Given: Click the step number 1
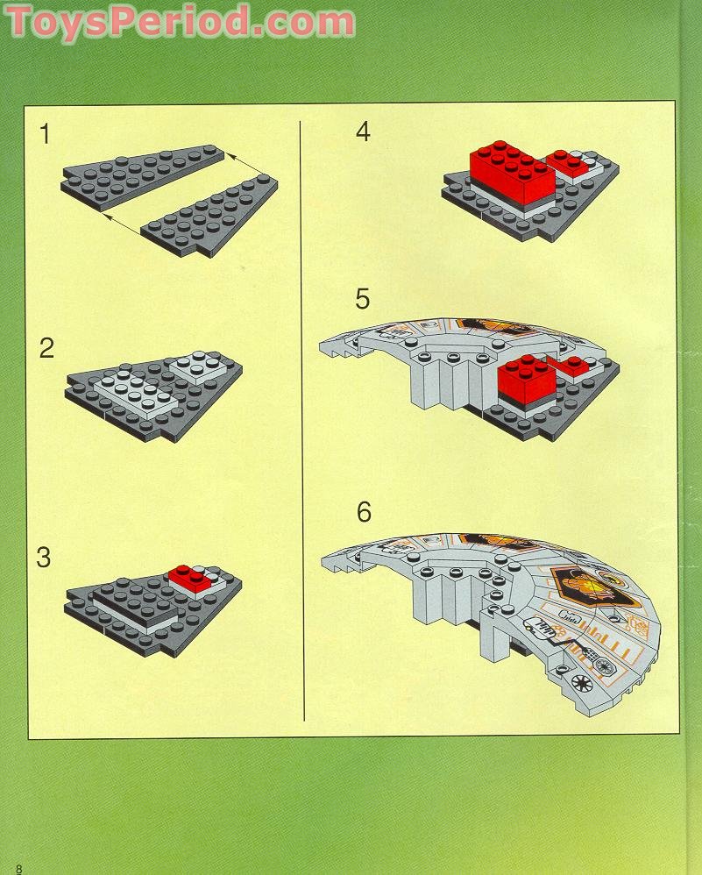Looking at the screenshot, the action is [x=45, y=134].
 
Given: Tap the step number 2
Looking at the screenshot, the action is [x=46, y=348].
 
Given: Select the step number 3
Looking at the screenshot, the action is [x=44, y=558].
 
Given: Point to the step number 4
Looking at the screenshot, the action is [x=364, y=132].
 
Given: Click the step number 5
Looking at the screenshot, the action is [x=363, y=299].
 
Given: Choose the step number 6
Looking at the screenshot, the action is [x=364, y=512].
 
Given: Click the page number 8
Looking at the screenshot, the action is [x=19, y=869].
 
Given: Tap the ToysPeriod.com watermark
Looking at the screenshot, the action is [x=180, y=22].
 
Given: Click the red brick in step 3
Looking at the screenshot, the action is [x=190, y=578].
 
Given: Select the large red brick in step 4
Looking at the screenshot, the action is [x=513, y=171].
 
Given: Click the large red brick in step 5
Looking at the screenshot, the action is [x=527, y=379].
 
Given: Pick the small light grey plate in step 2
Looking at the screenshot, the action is [x=199, y=367].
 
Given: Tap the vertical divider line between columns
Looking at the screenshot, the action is [x=301, y=420].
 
